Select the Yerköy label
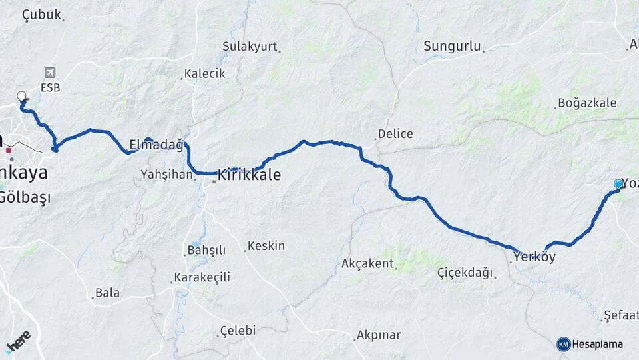(534, 257)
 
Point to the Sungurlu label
(452, 46)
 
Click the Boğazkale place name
(588, 103)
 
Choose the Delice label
(395, 134)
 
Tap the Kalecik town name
(205, 73)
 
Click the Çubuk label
(41, 14)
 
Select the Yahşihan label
(166, 175)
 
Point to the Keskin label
(266, 246)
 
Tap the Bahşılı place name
(206, 251)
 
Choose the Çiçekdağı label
(465, 272)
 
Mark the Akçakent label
(367, 263)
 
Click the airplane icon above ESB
(50, 73)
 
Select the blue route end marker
(618, 184)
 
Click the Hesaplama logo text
(598, 344)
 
